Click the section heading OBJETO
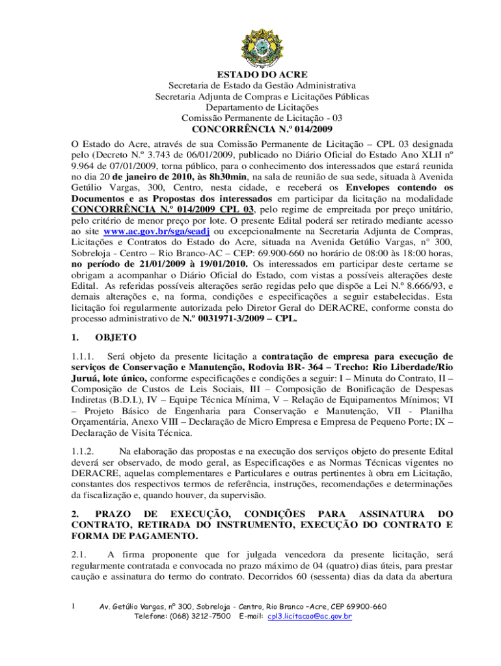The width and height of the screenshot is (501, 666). [x=115, y=338]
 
